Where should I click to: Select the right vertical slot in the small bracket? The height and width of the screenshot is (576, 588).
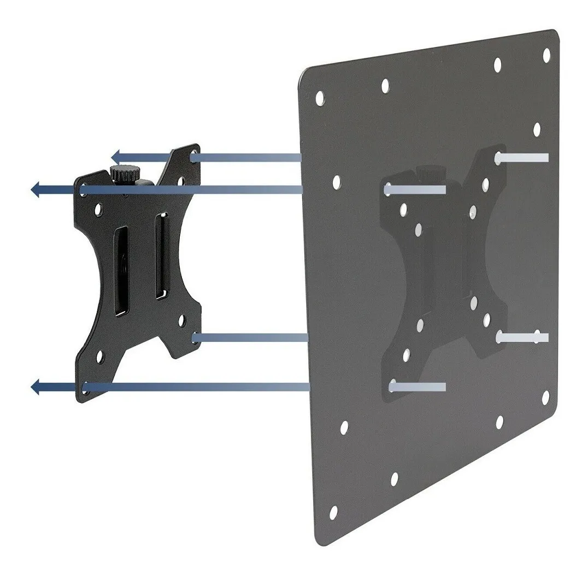[x=160, y=257]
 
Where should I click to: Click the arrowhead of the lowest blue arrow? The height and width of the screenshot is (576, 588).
[x=37, y=388]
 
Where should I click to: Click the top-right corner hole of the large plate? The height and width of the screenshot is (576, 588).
[x=546, y=54]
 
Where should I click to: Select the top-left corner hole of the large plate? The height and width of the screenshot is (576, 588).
[x=320, y=98]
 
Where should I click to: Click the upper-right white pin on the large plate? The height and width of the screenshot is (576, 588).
[x=521, y=158]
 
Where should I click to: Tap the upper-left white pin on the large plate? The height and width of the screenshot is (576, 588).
[x=415, y=190]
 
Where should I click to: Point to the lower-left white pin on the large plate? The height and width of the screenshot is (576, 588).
[x=418, y=387]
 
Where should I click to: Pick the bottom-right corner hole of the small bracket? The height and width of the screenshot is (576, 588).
[x=195, y=338]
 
